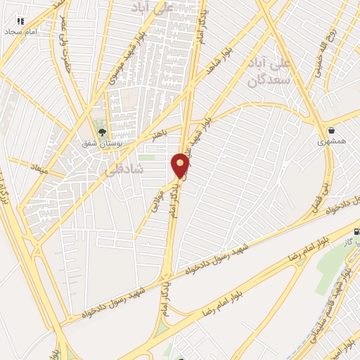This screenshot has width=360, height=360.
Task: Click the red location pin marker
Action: click(x=181, y=165)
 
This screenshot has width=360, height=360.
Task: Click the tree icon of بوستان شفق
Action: click(x=103, y=131)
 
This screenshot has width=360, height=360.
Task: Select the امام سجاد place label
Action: click(x=21, y=32)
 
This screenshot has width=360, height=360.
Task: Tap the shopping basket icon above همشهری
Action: click(x=331, y=130)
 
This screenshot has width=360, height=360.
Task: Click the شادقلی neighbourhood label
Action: click(x=124, y=169)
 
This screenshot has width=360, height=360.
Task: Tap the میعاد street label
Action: click(x=37, y=167)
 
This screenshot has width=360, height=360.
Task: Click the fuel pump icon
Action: click(x=356, y=231)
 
